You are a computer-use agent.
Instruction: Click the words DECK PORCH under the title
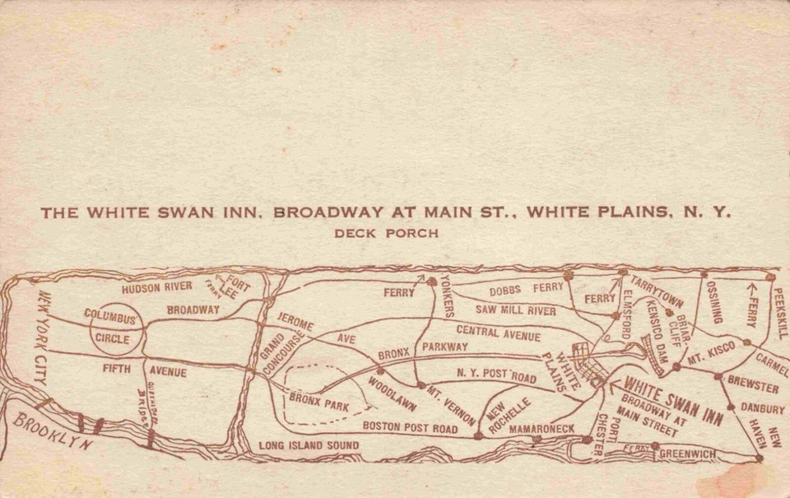[386, 233]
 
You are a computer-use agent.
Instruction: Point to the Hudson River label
[157, 287]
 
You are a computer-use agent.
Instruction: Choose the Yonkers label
[448, 296]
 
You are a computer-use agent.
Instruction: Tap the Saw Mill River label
[515, 310]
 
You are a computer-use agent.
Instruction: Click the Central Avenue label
[499, 333]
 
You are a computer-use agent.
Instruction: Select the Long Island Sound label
[309, 445]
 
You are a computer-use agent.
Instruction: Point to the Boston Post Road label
[410, 428]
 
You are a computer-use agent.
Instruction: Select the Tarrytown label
[657, 292]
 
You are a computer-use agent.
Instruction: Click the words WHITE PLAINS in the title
[595, 212]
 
